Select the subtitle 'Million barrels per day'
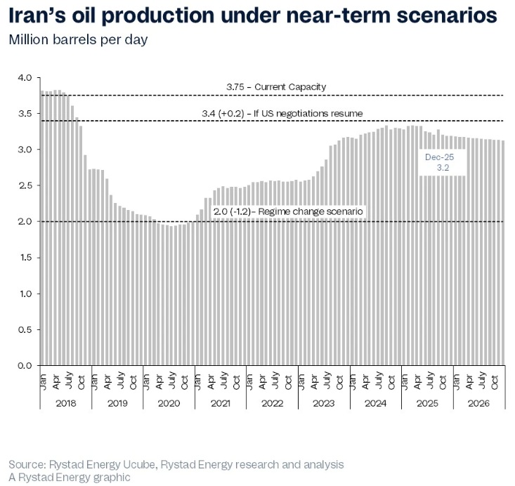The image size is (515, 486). pos(78,39)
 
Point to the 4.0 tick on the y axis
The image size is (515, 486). pos(25,77)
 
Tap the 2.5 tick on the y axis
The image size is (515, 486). pos(25,185)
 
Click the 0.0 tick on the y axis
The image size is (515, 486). pos(25,365)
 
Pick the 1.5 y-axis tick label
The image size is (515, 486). pos(25,258)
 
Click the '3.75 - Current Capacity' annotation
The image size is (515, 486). pos(276,86)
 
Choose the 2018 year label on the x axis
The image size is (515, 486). pos(65,403)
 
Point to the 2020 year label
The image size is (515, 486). pos(169,403)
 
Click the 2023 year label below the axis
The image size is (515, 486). pos(324,403)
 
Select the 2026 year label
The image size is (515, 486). pos(479,403)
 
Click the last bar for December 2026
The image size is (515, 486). pos(502,253)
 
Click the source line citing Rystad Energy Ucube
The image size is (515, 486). pos(176,465)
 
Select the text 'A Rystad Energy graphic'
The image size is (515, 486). pos(70,478)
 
